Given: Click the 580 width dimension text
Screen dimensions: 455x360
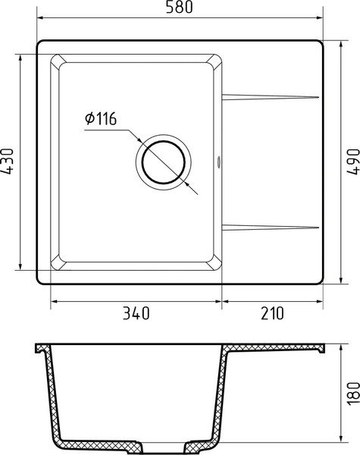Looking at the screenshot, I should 180,8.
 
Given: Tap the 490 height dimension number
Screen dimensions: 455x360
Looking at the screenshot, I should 351,162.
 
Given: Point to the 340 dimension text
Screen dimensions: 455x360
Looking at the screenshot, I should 136,312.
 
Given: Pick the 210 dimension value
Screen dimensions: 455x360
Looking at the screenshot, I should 273,312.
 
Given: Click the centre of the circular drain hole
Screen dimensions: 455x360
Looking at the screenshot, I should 164,162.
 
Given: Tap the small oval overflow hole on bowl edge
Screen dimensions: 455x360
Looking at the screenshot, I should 220,161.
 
